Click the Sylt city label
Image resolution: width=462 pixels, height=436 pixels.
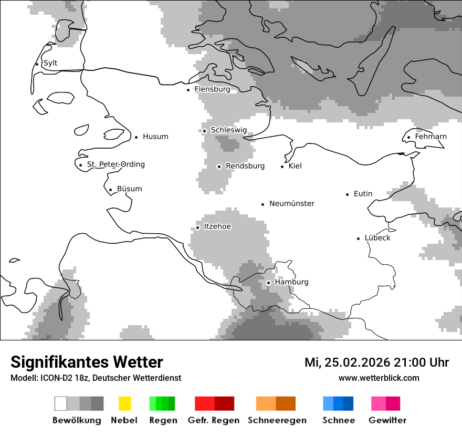(x=50, y=63)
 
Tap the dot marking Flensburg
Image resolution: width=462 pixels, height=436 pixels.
(x=188, y=90)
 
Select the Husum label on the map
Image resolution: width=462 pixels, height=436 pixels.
(x=155, y=137)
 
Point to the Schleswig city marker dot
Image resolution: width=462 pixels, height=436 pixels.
(x=204, y=131)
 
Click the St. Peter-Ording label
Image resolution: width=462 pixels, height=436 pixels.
(x=115, y=164)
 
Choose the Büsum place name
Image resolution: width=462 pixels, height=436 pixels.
(x=129, y=189)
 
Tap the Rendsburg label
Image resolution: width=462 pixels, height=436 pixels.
(x=245, y=166)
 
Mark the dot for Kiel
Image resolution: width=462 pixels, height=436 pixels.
(x=282, y=167)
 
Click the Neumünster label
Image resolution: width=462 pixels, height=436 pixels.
(x=292, y=203)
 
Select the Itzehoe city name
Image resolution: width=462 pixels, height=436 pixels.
(x=217, y=226)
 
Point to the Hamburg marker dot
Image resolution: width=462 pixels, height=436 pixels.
(x=268, y=283)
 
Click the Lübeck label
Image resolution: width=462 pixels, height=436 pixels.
(x=377, y=238)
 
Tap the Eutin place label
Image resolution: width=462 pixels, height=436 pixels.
(x=363, y=194)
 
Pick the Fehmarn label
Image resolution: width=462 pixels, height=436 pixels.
(x=430, y=137)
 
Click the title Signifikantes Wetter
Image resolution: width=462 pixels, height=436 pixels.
(x=87, y=362)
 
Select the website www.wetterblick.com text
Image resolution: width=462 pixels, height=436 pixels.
(x=379, y=378)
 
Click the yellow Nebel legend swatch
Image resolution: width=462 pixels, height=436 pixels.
(x=124, y=403)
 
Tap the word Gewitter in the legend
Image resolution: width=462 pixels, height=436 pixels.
(x=387, y=420)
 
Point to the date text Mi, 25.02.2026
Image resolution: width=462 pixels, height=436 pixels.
(x=346, y=362)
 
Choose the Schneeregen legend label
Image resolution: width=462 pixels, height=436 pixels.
(x=277, y=420)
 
